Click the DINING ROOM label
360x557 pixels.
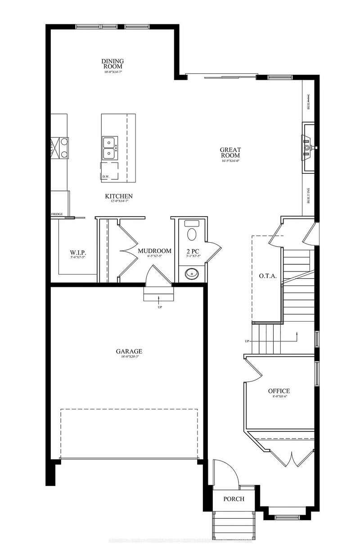(112, 63)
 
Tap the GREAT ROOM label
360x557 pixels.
(230, 153)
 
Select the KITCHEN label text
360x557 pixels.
(119, 196)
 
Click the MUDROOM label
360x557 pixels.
(154, 251)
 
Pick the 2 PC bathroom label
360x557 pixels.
(192, 251)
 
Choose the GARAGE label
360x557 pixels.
(129, 351)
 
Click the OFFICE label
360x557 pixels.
(279, 391)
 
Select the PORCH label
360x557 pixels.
(234, 499)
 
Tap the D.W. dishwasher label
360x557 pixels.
(106, 177)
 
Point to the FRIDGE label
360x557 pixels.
(57, 214)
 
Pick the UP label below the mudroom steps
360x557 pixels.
(160, 307)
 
